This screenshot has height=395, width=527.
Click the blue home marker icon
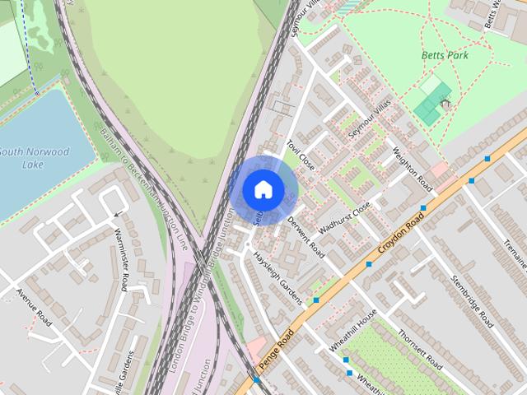(x=263, y=188)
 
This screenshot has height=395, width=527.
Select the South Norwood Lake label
(x=34, y=158)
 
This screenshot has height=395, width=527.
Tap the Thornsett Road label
(x=420, y=349)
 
